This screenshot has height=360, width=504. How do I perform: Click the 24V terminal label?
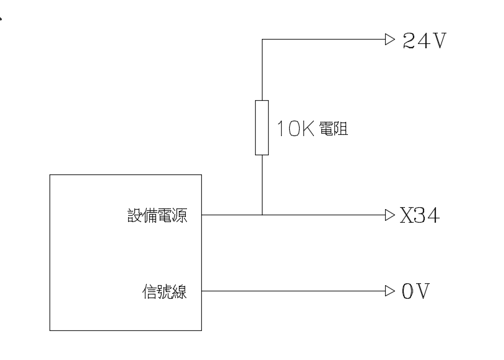coord(424,41)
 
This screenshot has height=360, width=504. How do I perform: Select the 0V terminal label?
coord(415,291)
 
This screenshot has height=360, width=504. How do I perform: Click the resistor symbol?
coord(262,127)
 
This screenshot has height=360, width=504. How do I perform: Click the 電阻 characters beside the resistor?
coord(332,130)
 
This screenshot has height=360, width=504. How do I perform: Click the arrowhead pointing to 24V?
coord(389,40)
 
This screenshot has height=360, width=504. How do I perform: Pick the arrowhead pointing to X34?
coord(389,215)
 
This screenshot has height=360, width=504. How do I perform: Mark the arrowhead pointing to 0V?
coord(389,290)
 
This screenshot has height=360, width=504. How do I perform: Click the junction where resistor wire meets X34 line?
coord(262,215)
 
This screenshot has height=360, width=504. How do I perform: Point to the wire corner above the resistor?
coord(262,40)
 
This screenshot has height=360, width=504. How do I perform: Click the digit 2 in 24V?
coord(409,41)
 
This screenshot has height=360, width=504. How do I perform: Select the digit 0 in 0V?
coord(407,291)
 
